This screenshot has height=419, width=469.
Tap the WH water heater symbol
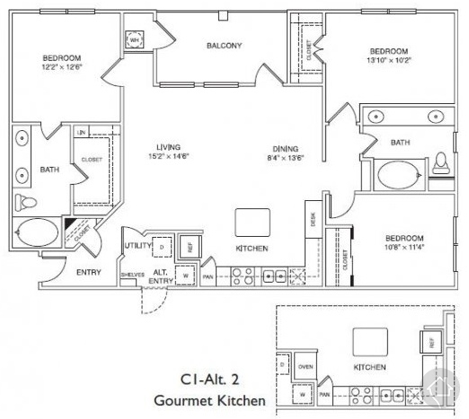pos(135,40)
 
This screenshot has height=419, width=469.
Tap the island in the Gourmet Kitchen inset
pos(368,340)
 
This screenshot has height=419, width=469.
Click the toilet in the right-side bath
pos(440,162)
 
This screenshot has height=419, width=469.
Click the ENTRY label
pos(88,272)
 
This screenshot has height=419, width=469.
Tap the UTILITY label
pos(136,244)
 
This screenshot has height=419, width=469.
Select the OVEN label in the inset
pos(305,366)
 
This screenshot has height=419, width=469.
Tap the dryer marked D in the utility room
pos(161,246)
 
